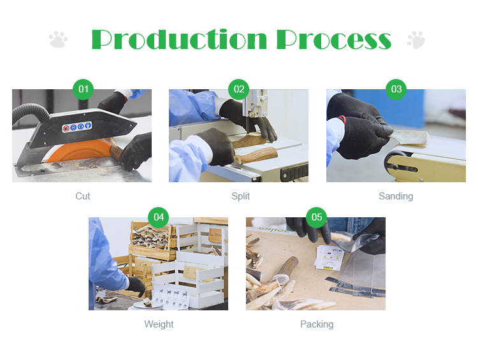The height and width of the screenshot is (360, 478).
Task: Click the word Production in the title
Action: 179,40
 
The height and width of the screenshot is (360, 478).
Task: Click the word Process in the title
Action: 334,40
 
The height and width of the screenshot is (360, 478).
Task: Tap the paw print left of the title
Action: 58,40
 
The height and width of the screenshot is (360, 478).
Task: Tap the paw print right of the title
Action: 416,40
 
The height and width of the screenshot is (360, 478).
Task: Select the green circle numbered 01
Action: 83,89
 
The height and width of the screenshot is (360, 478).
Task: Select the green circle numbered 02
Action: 239,89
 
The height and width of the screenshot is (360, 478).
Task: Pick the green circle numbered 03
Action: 396,89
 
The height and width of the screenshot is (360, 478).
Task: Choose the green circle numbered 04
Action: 158,217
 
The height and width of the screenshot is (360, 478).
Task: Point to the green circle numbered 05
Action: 316,217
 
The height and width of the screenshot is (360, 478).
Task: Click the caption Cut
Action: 83,196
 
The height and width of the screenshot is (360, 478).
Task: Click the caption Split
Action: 240,196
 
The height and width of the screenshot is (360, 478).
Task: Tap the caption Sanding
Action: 396,196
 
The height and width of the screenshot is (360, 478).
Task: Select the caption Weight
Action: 159,324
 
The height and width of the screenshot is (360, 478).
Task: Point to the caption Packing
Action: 317,324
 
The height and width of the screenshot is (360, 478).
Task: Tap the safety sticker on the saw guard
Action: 77,127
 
